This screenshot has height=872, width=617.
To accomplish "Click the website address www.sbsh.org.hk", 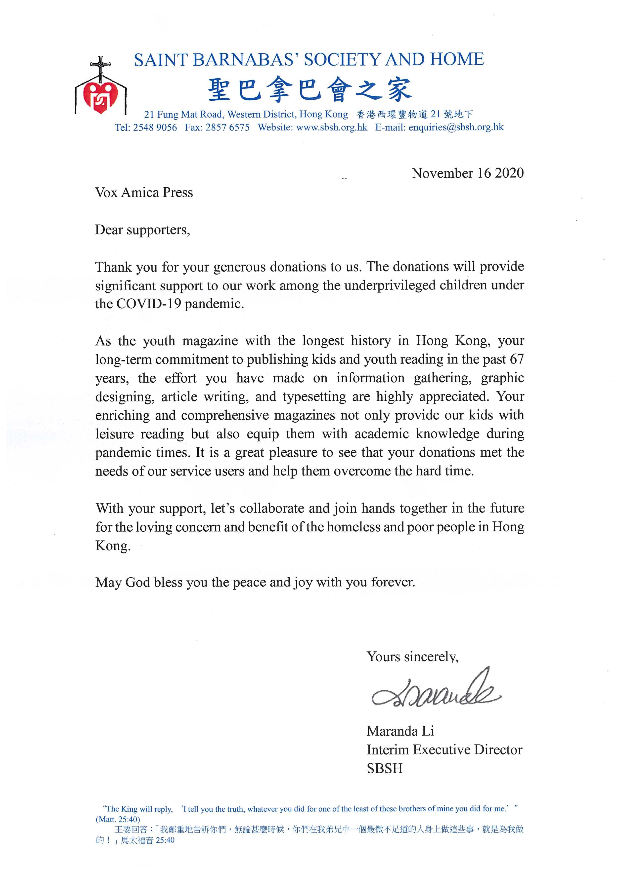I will pos(331,127).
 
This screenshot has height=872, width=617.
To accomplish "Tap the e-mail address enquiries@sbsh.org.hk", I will pos(456,127).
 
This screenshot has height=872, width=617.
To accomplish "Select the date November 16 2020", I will pos(467,173).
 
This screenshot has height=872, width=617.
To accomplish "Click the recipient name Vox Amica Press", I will pos(144,193).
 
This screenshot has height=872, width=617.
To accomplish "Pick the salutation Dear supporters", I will pos(142,230).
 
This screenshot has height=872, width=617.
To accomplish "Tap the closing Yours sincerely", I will pos(412,656).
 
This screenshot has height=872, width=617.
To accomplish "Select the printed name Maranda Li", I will pos(400,731).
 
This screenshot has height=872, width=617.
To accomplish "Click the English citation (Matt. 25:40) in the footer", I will pos(118,819).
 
